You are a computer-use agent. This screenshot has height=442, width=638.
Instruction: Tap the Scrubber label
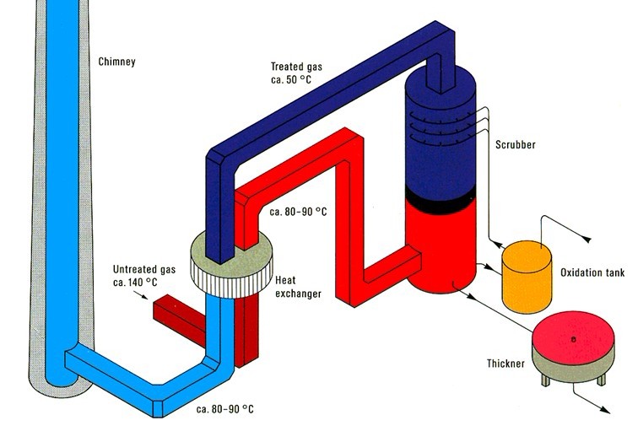coord(514,144)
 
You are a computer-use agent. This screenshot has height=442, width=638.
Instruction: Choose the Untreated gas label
coord(143,269)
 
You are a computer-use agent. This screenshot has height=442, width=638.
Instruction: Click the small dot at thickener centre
coord(573,339)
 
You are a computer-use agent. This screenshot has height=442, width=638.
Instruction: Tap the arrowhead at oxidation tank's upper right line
coord(594,240)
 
